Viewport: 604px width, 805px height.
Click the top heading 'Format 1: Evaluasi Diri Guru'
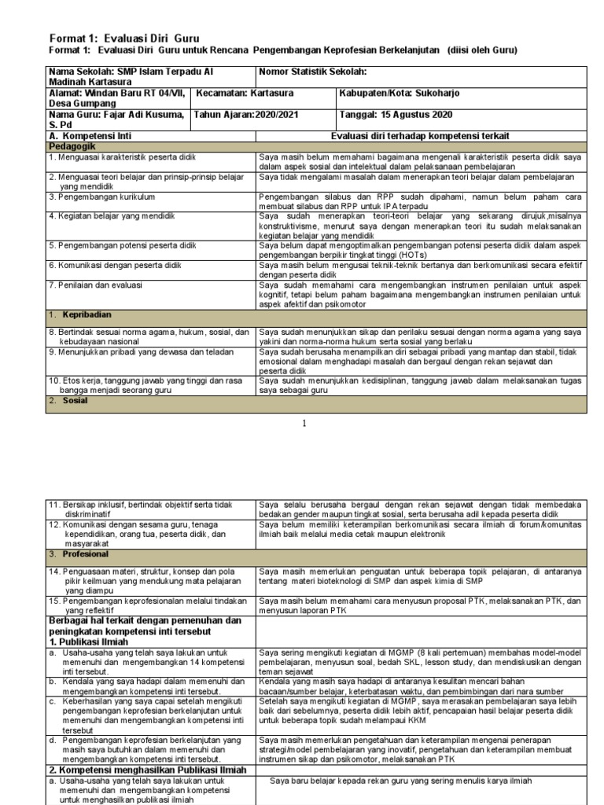point(124,38)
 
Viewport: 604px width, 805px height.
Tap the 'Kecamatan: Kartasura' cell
point(245,93)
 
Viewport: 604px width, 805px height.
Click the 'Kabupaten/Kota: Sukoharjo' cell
point(400,93)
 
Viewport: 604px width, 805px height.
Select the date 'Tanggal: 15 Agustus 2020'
point(395,114)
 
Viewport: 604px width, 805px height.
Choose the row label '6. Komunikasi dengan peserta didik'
point(115,266)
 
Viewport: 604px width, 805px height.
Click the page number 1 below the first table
point(304,425)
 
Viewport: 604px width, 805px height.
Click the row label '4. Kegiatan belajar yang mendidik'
point(112,215)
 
